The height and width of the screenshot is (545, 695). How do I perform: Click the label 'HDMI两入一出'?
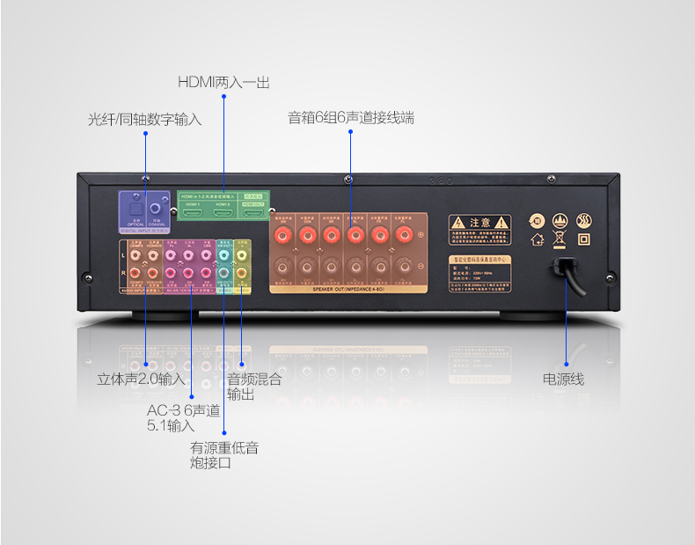pos(223,82)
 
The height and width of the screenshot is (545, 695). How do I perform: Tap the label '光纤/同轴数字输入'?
pos(145,119)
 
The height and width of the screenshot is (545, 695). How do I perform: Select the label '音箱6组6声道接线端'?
pos(351,116)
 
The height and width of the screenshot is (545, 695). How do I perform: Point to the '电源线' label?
pos(563,379)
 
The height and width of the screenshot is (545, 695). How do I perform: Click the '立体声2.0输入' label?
pos(141,379)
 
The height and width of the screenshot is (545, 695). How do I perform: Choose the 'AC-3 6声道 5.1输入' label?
pos(182,417)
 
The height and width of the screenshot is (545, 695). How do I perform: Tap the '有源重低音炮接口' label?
pos(224,455)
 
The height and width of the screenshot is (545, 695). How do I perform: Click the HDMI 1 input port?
pos(193,214)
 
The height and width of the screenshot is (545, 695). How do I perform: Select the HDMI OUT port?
pos(253,214)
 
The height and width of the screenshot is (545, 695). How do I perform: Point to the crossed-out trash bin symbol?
pos(560,238)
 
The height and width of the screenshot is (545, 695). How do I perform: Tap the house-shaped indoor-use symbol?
pos(536,238)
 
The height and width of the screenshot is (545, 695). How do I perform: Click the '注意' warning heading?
pos(479,222)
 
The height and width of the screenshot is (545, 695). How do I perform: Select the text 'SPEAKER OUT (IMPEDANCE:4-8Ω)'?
pos(349,288)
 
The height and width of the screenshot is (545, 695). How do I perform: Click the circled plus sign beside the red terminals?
pos(421,234)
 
